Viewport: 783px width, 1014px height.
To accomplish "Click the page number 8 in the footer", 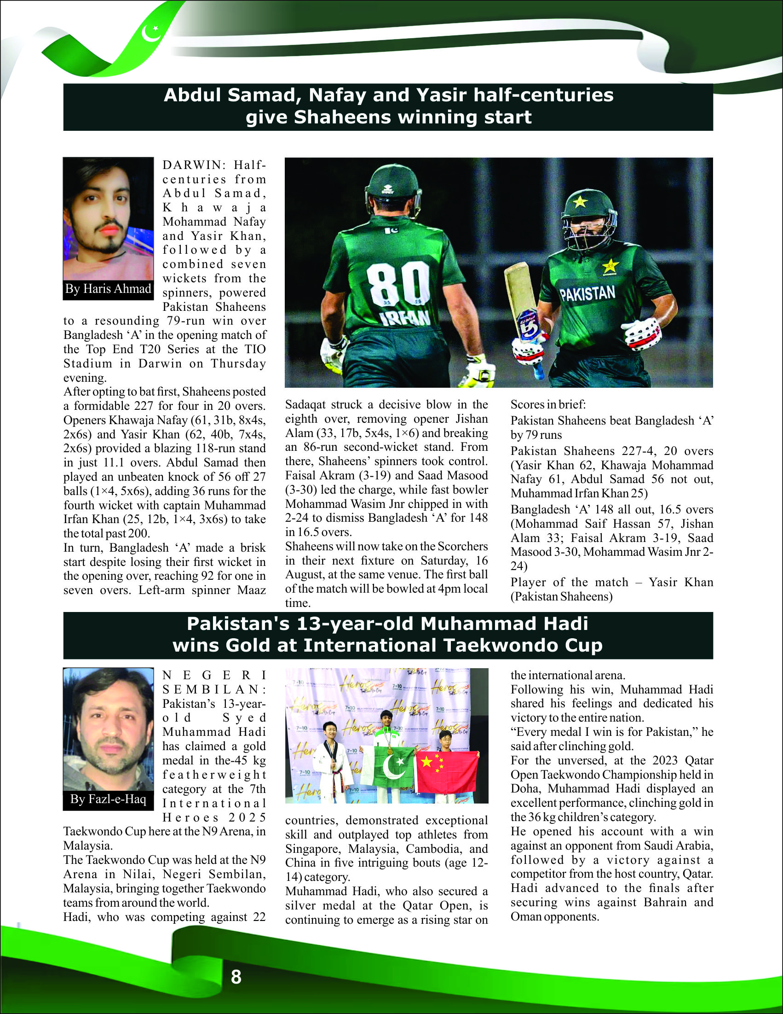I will (236, 977).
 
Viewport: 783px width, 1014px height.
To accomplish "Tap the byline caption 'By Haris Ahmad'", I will (108, 289).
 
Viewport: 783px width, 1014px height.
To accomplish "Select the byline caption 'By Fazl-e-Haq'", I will (108, 799).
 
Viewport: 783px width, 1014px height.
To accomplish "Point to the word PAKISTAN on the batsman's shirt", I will (587, 293).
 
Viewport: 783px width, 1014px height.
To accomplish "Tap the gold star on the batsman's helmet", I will (580, 202).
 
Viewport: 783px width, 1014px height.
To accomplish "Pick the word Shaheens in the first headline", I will (342, 117).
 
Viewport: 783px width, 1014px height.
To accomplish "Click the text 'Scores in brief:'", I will (548, 404).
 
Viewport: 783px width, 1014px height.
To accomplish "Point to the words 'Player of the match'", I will (569, 582).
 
